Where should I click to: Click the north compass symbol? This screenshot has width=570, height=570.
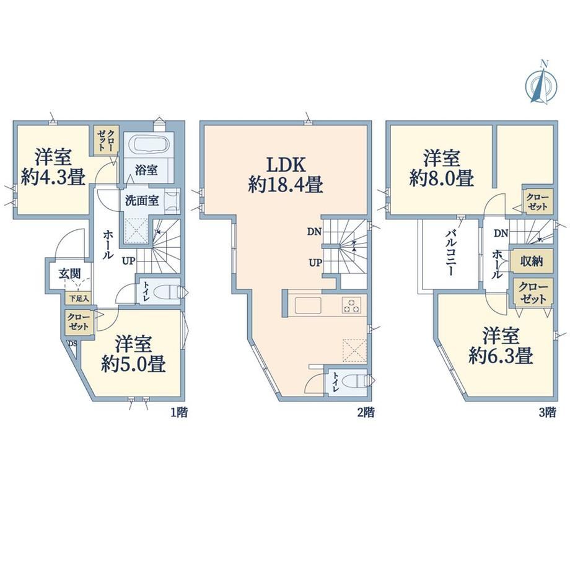tap(541, 84)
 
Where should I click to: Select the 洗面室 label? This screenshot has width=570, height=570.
tap(142, 200)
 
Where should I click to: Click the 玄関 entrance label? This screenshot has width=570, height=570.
tap(70, 273)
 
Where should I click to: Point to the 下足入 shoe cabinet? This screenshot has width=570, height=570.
tap(79, 299)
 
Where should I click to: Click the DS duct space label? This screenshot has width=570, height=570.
tap(72, 343)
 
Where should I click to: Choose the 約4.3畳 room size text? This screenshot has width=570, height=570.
tap(53, 178)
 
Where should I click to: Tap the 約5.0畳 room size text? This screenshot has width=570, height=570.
tap(133, 363)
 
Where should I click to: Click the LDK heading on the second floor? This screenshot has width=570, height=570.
tap(286, 165)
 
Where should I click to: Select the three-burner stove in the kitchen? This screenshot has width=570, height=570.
tap(351, 305)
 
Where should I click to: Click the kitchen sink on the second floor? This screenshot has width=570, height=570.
tap(308, 305)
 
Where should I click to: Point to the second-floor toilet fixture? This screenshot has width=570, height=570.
tap(356, 381)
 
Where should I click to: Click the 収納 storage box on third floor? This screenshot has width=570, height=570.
tap(532, 261)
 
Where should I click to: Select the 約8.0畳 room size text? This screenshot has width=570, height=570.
tap(442, 178)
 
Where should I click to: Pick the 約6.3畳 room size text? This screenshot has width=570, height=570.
tap(501, 356)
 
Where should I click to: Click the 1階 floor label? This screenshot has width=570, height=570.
tap(179, 412)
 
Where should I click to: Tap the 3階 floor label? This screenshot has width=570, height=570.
tap(547, 412)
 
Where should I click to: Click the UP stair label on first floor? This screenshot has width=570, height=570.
tap(129, 261)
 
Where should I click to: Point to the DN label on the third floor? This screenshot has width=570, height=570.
tap(501, 234)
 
